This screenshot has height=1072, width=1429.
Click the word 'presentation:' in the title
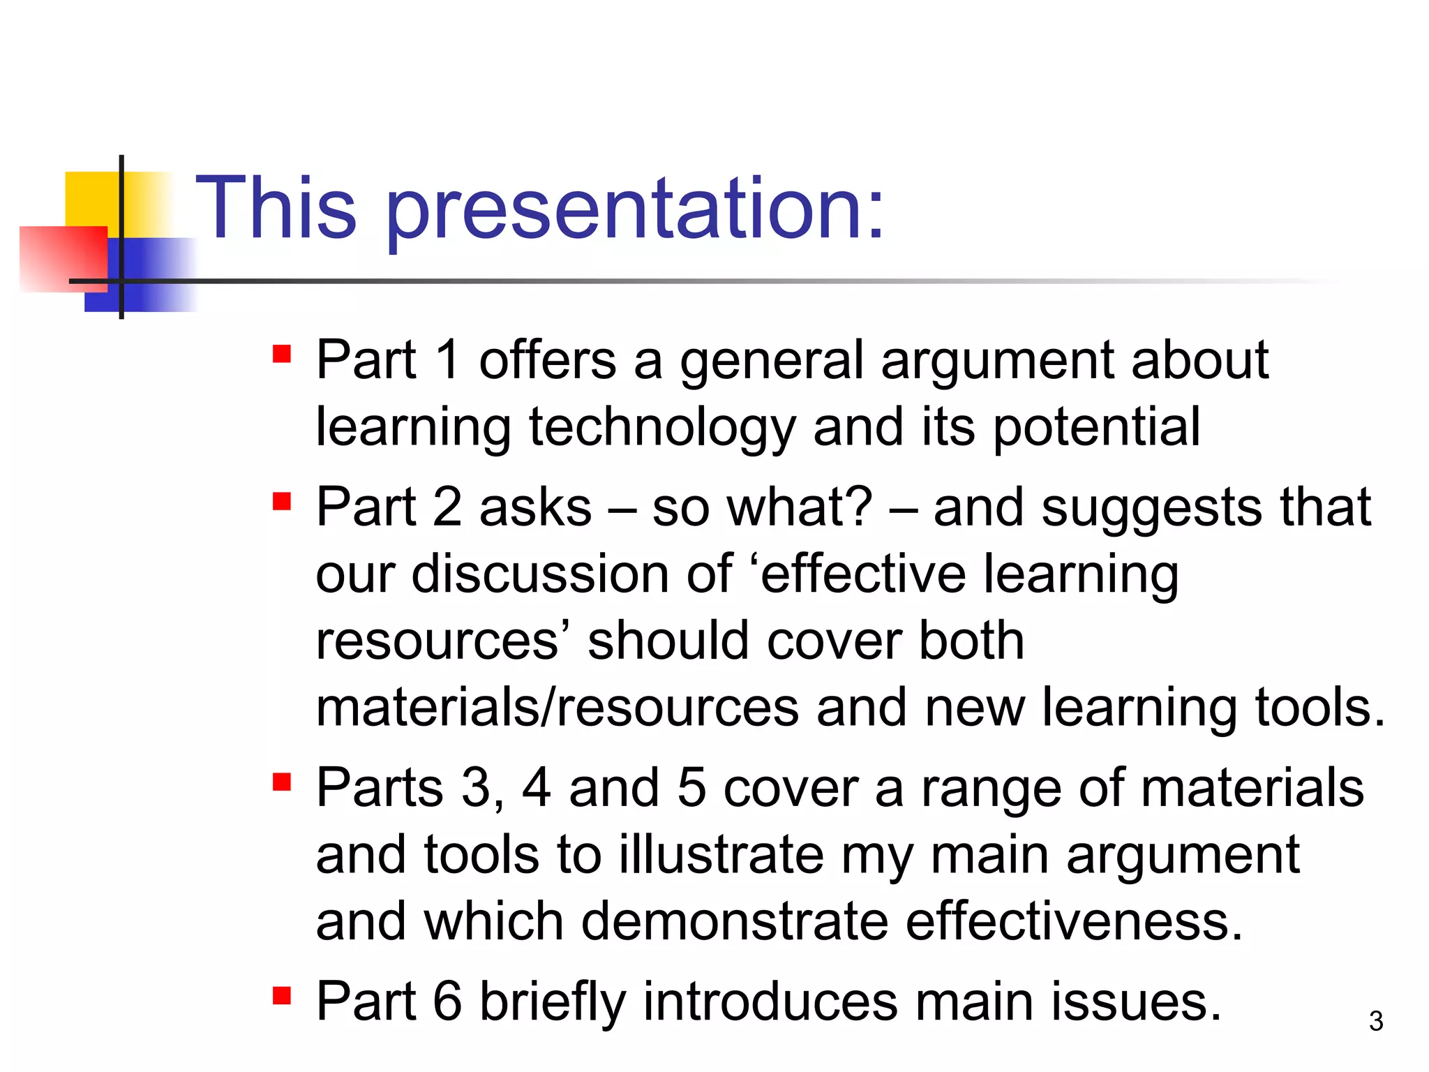coord(635,209)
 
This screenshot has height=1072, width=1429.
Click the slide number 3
coord(1375,1021)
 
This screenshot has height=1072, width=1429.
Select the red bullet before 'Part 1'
coord(282,354)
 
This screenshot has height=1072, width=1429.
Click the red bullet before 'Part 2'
coord(282,501)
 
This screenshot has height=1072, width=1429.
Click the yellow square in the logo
coord(91,199)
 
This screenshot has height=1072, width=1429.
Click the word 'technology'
coord(661,427)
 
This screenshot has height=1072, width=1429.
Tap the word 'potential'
coord(1096,427)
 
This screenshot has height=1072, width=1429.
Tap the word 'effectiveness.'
coord(1075,921)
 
